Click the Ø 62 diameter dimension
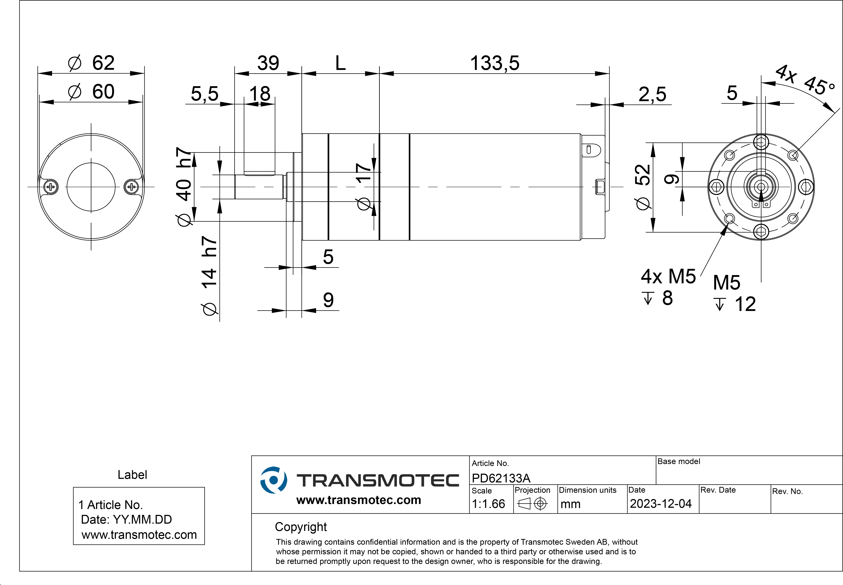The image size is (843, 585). point(91,63)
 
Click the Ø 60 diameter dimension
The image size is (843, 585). point(91,92)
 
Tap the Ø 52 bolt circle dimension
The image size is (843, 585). point(643,187)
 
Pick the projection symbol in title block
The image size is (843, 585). point(532,504)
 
